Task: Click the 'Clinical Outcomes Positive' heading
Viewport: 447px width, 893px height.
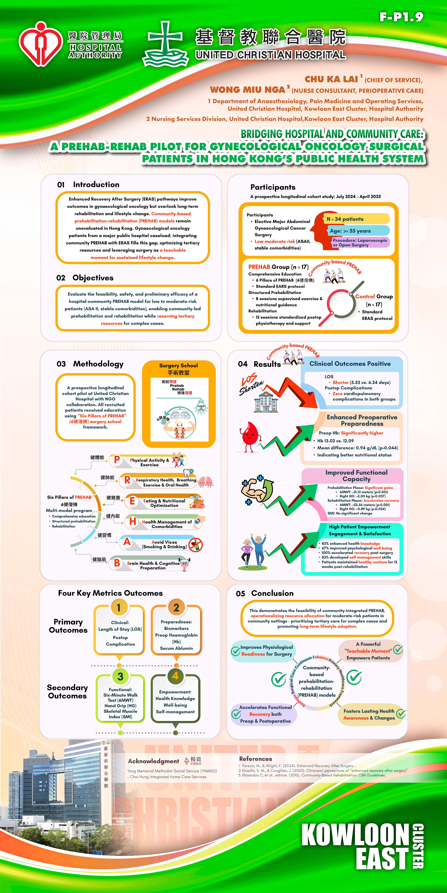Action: click(x=350, y=364)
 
